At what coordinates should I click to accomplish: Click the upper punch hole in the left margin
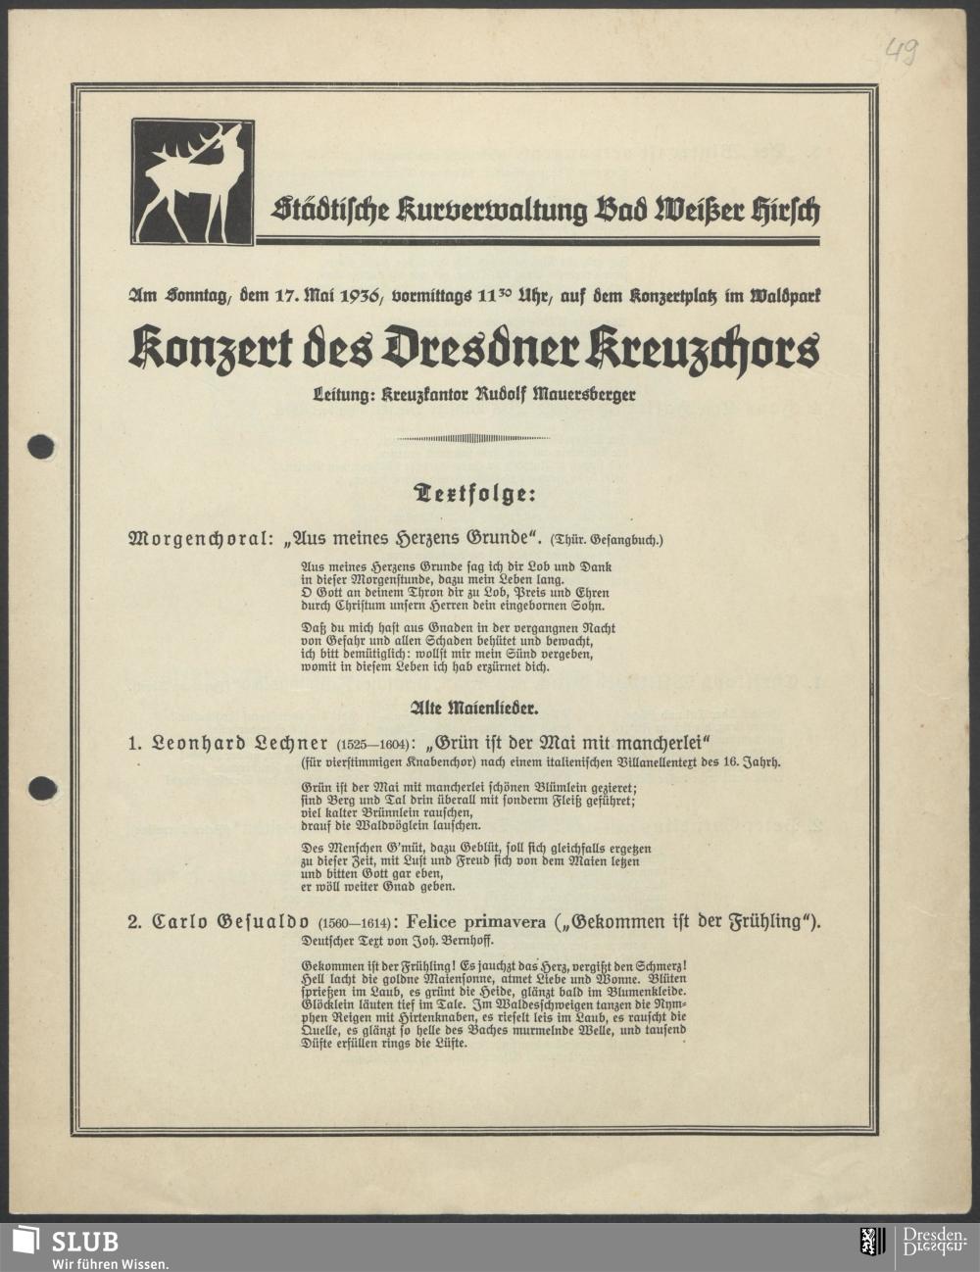[x=41, y=447]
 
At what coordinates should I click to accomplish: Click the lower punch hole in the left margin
[x=41, y=787]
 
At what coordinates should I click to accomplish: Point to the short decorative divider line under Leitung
[x=473, y=438]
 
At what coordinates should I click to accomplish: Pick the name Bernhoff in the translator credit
[x=464, y=941]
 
